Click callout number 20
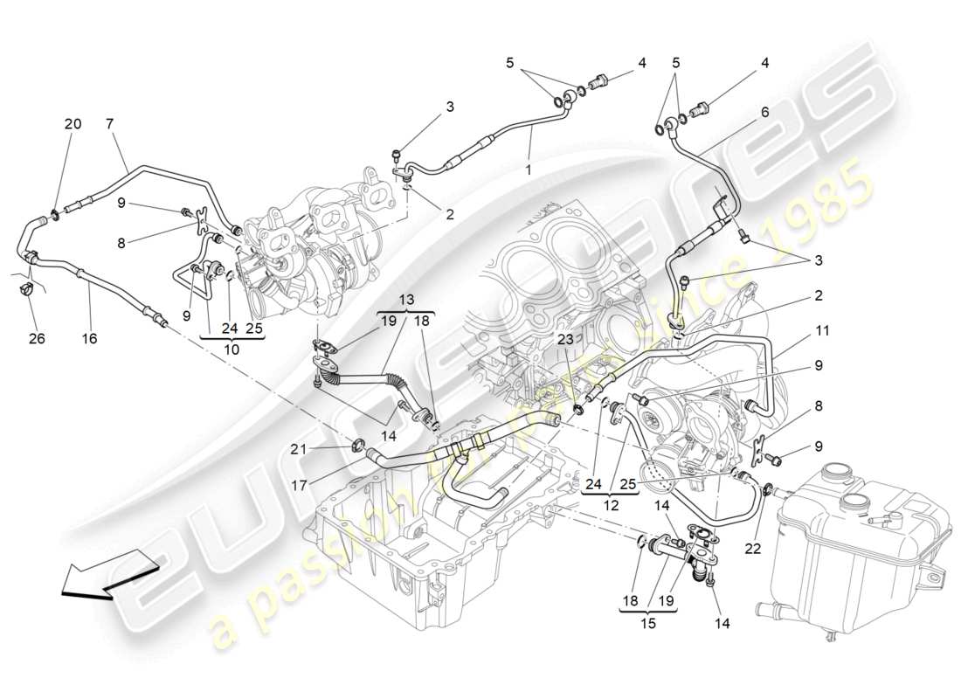point(73,124)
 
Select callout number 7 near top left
point(110,124)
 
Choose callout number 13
point(407,300)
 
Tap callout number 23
point(565,341)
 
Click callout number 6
point(764,112)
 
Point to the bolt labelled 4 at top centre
point(599,85)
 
